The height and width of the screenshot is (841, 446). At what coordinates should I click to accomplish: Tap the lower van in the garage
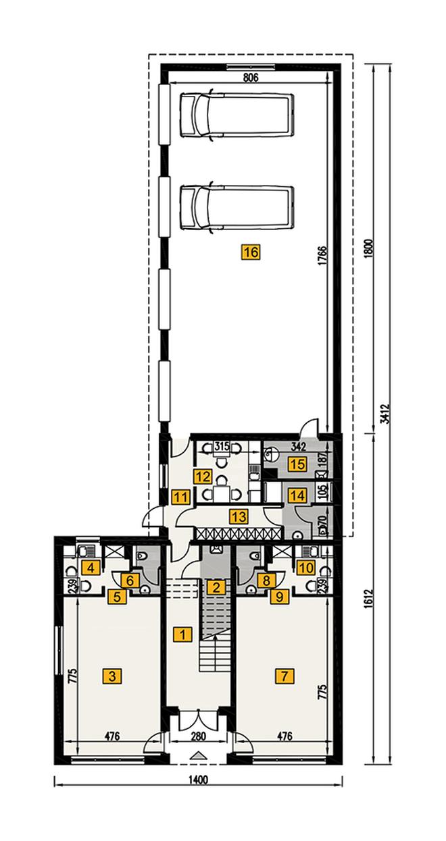(237, 207)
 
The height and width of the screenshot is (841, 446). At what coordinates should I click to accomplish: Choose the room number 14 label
(294, 495)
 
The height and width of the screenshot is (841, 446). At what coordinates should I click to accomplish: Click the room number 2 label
(216, 587)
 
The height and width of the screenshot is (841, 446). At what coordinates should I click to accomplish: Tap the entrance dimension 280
(197, 736)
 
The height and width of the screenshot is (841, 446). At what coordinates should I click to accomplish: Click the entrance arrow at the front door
(198, 755)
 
